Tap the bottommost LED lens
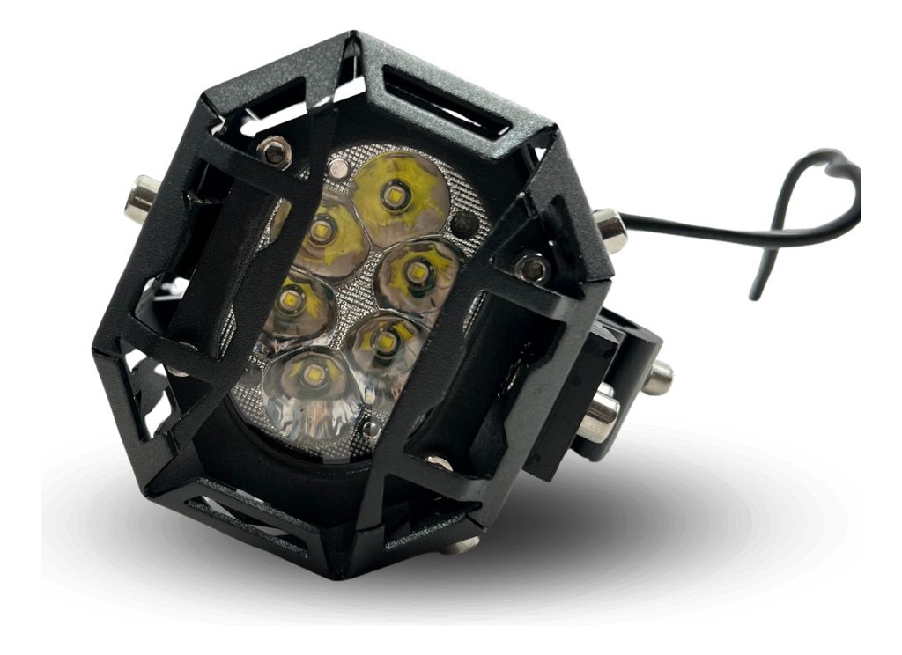coord(312,379)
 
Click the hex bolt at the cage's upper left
coord(274,152)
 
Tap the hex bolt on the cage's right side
coord(532,267)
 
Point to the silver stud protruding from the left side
coord(141,197)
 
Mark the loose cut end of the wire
coord(755,293)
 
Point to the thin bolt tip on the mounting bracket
coord(657,378)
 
